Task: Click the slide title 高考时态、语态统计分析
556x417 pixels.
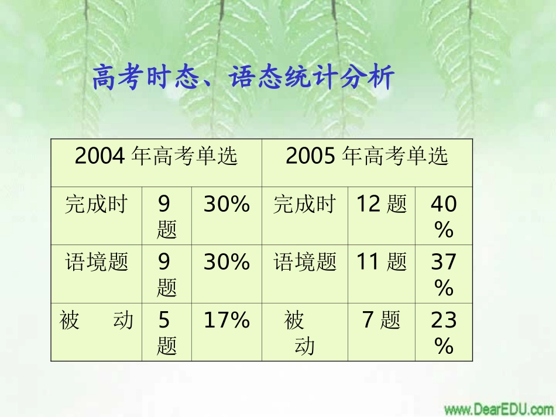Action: point(243,78)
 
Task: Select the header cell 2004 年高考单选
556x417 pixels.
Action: point(156,156)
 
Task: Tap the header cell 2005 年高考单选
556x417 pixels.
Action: point(367,156)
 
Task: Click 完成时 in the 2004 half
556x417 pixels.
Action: point(96,204)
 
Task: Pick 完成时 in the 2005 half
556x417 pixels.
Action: point(305,204)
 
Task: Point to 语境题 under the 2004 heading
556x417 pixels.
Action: point(96,262)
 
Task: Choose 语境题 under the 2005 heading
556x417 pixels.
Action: point(305,262)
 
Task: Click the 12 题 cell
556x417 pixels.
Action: point(382,204)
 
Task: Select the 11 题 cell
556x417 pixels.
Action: point(382,262)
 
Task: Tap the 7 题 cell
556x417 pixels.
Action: point(382,320)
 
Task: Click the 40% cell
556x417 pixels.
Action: point(444,216)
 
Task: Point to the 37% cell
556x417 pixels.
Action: point(444,274)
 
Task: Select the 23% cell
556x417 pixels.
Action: point(444,332)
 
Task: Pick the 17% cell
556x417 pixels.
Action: point(226,320)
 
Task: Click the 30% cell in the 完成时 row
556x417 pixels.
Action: point(226,204)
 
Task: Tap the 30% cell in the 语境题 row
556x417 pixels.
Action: point(226,262)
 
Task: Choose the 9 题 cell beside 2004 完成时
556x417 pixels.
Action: point(166,217)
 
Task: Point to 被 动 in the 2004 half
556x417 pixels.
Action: point(96,320)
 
